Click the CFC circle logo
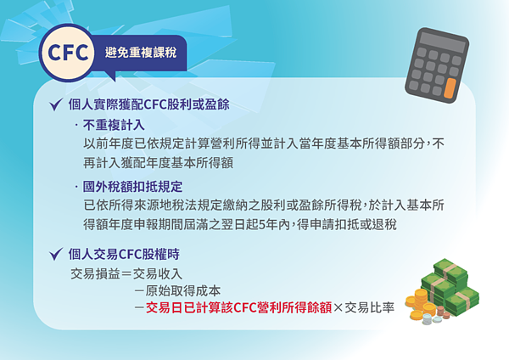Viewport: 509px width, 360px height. tap(69, 53)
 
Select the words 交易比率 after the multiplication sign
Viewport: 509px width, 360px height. tap(370, 307)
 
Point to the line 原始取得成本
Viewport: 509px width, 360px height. tap(183, 290)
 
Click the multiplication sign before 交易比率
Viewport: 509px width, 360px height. tap(338, 307)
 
